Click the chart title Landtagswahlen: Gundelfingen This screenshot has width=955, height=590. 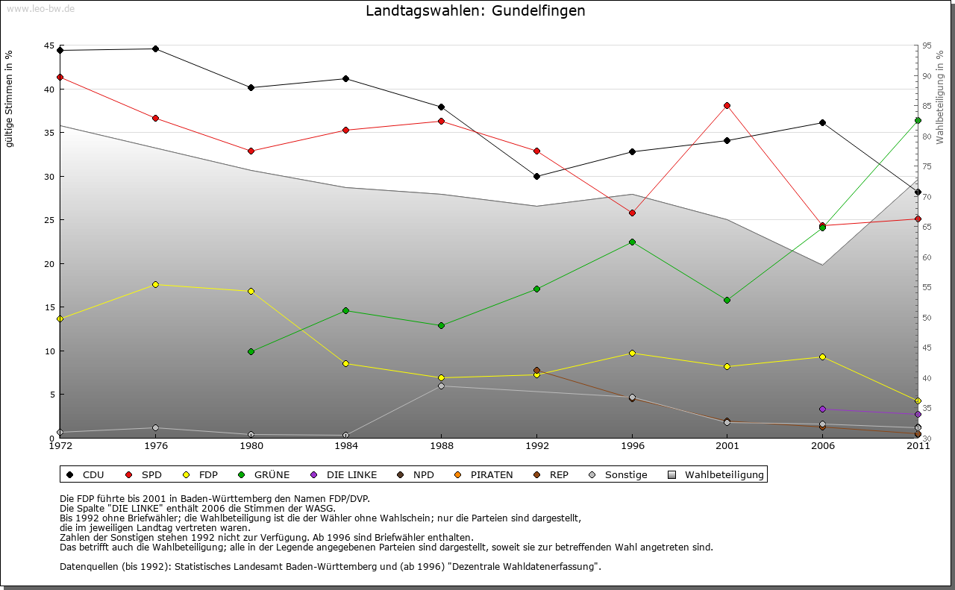(475, 11)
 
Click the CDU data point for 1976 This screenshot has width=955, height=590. (155, 48)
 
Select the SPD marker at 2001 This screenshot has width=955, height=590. (727, 105)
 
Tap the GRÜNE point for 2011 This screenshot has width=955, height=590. (918, 120)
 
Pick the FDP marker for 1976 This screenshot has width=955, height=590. (155, 284)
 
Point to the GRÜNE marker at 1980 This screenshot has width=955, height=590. (251, 351)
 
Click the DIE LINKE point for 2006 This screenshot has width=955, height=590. (822, 409)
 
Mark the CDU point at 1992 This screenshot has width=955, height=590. (536, 176)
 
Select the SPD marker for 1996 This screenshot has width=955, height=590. (632, 213)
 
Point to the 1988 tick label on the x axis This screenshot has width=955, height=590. (441, 446)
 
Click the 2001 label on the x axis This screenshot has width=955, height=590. (727, 446)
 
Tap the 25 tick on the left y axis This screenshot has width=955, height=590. (49, 220)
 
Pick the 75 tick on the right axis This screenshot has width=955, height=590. (927, 166)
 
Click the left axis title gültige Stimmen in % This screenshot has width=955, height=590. (10, 98)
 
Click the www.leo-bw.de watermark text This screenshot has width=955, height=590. (40, 8)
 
